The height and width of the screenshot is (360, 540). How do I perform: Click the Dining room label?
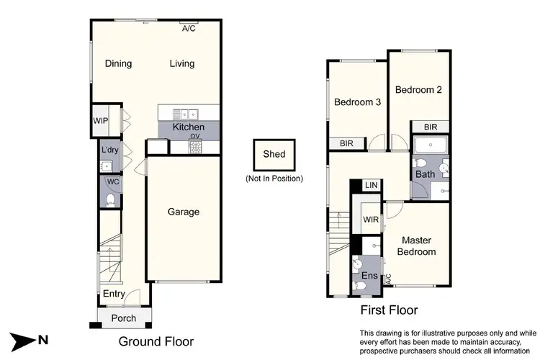pos(118,63)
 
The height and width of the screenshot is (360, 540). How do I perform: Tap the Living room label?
pos(182,63)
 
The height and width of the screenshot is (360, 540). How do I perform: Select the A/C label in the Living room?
pos(189,29)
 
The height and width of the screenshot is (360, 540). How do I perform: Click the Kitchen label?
pos(188,127)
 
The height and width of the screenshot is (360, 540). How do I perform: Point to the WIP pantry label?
pos(100,121)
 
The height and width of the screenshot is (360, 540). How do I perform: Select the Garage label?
pos(184,212)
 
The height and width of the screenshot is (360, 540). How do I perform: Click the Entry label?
pos(113,294)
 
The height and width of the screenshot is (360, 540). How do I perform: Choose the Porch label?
pos(123,318)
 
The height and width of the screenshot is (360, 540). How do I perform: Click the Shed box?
pos(274,154)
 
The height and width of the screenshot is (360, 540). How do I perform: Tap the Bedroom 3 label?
pos(357,102)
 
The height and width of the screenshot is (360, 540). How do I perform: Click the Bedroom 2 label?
pos(418,90)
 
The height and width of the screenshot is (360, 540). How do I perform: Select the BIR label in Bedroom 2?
pos(431,127)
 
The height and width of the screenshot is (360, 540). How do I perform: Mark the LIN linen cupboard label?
pos(372,186)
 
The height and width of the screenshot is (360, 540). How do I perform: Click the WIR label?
pos(371,220)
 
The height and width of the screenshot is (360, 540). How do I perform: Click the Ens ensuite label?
pos(369,276)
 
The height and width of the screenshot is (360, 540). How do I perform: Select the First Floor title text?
pos(389,310)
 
